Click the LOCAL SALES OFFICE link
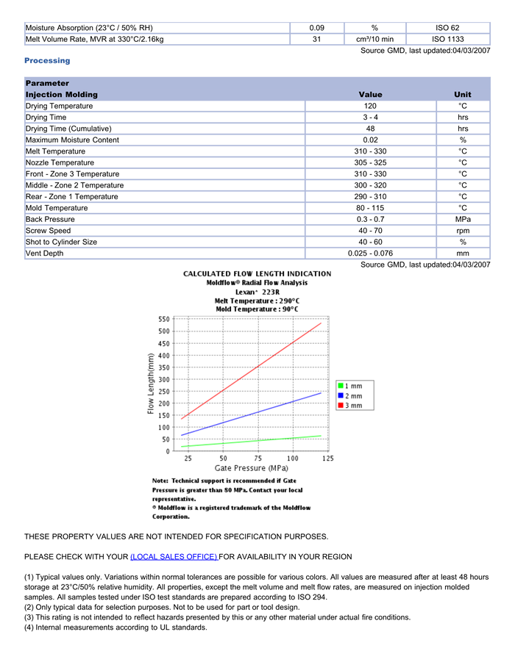(174, 556)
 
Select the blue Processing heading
(47, 60)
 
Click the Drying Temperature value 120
(370, 106)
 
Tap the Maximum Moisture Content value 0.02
(370, 140)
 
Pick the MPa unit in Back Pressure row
(463, 219)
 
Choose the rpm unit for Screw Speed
(463, 231)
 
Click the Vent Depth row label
(44, 254)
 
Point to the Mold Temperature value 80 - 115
(370, 208)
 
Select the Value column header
(370, 95)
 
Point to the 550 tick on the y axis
(164, 319)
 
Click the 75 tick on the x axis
(258, 458)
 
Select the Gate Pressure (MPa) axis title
(251, 468)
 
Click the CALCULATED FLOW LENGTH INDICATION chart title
(257, 273)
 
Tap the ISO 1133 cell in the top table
(447, 39)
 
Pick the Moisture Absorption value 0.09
(316, 28)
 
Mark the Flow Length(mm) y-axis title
(151, 384)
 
